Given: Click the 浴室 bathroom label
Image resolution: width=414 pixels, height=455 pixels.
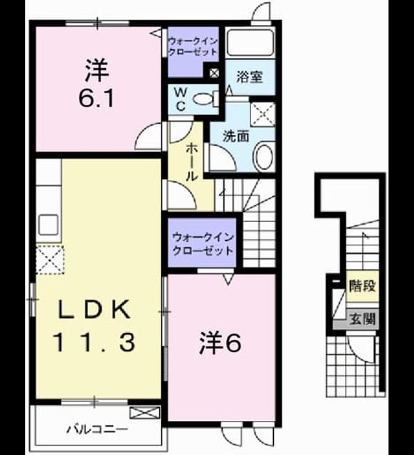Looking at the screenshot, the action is coord(250,77).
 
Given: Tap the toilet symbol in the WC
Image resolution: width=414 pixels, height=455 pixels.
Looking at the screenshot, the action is coord(206,99).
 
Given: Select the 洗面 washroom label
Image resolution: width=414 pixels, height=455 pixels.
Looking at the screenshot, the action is coord(235,136).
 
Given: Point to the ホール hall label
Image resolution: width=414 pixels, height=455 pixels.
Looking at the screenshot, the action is coord(191,161).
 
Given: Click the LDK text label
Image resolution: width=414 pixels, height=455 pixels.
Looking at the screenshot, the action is coord(95,310).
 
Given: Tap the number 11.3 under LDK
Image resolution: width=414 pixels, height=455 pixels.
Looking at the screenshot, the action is coord(95,342).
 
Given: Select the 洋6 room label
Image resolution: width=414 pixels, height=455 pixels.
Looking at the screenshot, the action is coord(220,343).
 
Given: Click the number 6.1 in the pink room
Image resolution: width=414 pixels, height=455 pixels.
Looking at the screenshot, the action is coord(97,98).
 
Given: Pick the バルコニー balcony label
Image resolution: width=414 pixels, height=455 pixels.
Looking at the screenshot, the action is coord(97,429).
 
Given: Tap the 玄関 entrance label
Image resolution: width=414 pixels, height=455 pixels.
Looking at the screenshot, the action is coord(363,318).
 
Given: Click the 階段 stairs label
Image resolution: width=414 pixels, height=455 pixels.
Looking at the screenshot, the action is coord(363,286).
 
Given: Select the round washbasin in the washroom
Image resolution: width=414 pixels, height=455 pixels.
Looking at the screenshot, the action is coord(264,156).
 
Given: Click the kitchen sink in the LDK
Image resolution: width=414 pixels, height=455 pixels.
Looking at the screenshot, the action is coord(48,225).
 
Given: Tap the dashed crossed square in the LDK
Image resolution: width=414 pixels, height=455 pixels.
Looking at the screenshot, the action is coord(50,259).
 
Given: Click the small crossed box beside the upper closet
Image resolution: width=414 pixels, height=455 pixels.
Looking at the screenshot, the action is coord(214,73).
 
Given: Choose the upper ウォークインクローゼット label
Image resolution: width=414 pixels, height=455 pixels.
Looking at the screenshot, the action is coord(193,46).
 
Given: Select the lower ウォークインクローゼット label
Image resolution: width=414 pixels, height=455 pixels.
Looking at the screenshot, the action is coord(203,244).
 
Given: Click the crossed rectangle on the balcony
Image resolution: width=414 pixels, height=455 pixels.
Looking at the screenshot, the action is coord(144,412).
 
